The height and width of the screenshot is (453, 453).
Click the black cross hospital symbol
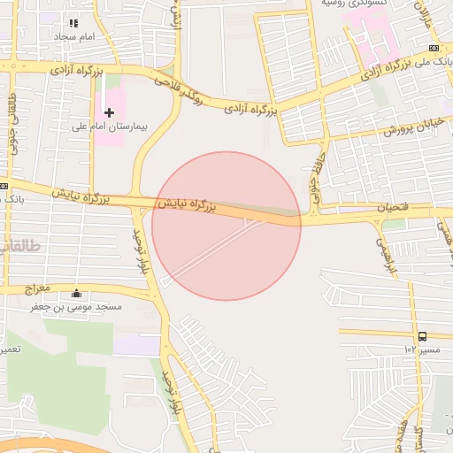pyautogui.click(x=109, y=112)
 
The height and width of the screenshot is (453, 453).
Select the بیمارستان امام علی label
pyautogui.click(x=108, y=127)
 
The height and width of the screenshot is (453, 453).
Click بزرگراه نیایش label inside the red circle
pyautogui.click(x=187, y=206)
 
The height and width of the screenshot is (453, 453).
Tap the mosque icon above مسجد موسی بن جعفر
pyautogui.click(x=75, y=294)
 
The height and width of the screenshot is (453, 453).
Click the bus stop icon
pyautogui.click(x=422, y=336)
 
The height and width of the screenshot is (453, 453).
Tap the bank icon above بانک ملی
pyautogui.click(x=434, y=48)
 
